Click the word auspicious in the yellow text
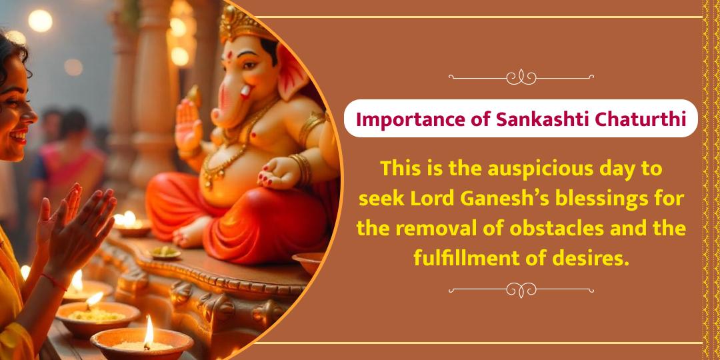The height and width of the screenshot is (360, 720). click(521, 169)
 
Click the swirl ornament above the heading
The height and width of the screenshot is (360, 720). click(521, 77)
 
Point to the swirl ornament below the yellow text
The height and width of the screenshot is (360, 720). click(521, 290)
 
